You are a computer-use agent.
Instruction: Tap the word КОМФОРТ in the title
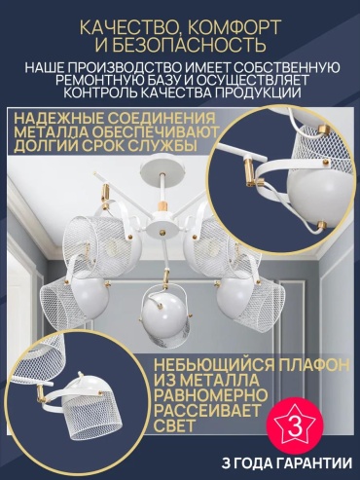(x=234, y=27)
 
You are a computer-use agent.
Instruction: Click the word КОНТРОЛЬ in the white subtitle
(x=102, y=92)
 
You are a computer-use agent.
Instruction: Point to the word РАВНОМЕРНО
(x=211, y=394)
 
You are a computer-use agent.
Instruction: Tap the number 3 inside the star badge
(x=295, y=426)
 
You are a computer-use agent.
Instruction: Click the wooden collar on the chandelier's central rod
(x=162, y=206)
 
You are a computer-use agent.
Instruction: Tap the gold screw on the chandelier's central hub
(x=162, y=232)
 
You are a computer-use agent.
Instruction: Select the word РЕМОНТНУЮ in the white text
(x=105, y=81)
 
